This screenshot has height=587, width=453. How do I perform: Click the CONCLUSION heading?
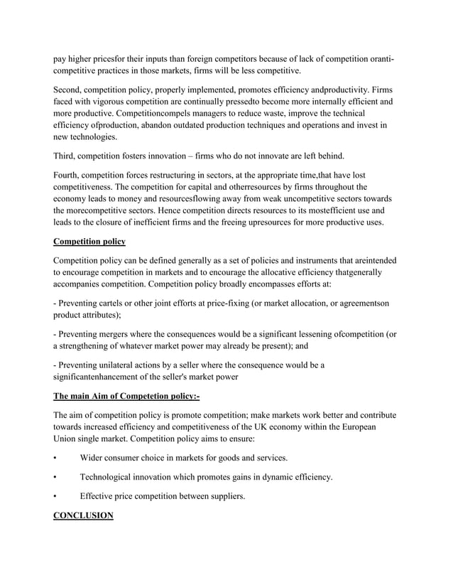click(x=83, y=515)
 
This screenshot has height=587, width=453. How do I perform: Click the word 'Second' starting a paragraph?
click(x=70, y=90)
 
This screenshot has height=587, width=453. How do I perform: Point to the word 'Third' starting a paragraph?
click(x=67, y=156)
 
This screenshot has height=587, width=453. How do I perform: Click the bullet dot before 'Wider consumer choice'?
click(x=56, y=458)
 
